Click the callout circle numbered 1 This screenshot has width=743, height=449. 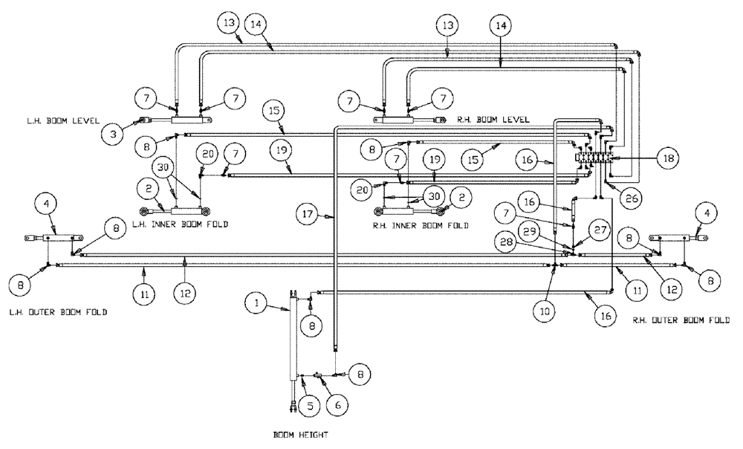click(x=256, y=303)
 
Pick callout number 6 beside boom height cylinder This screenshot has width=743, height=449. click(x=338, y=407)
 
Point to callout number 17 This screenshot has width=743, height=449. click(x=311, y=216)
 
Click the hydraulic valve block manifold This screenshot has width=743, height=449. click(x=594, y=158)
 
